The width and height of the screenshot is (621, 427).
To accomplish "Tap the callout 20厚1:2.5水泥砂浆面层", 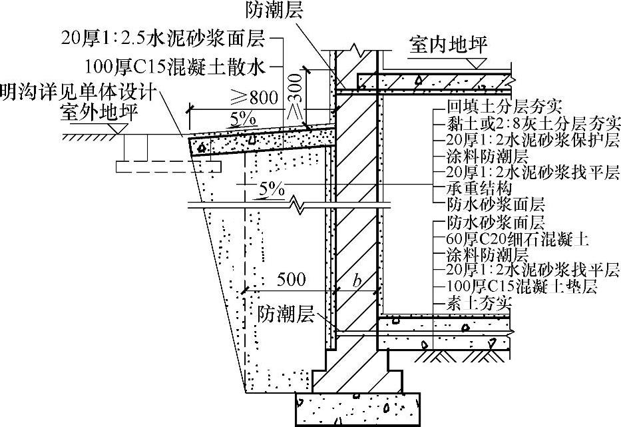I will point(162,39).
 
